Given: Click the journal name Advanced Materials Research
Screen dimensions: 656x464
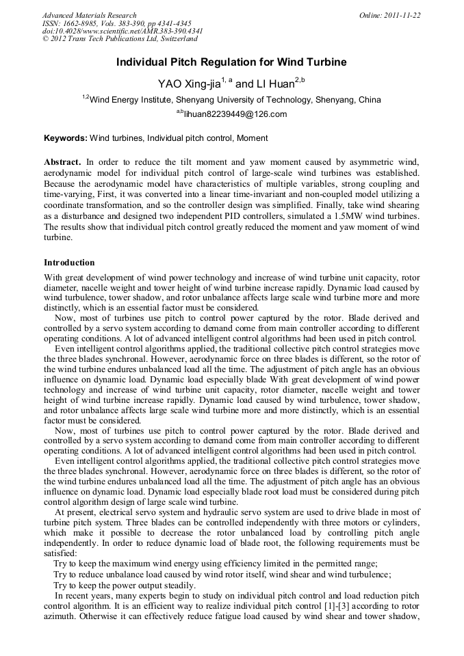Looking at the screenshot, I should (x=90, y=15).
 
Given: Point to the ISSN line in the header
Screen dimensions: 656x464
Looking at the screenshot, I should (x=116, y=23).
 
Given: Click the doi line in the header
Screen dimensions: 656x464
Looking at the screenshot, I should (x=123, y=31).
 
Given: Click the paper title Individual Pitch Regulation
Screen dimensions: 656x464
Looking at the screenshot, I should (x=231, y=62).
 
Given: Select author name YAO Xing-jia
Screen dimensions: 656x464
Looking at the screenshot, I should (x=190, y=84).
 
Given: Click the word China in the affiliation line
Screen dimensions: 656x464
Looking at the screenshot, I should (x=370, y=100).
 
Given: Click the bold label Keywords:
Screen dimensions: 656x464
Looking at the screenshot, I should (x=66, y=138).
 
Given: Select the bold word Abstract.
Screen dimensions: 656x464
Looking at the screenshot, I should (x=62, y=163).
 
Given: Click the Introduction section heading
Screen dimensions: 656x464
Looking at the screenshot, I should (x=69, y=263).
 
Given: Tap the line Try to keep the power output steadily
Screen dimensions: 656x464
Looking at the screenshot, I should (x=125, y=586).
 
